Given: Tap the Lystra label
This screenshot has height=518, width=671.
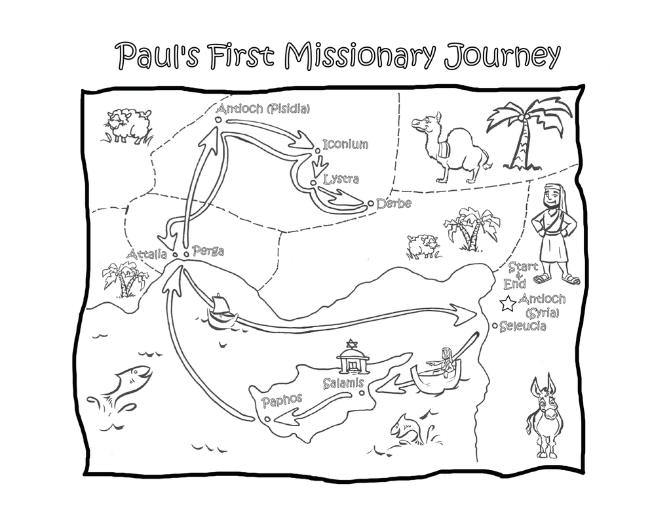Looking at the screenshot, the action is [x=341, y=178].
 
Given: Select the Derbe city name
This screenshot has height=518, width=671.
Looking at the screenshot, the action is [x=394, y=203].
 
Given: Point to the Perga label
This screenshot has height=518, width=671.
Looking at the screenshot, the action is [x=208, y=250].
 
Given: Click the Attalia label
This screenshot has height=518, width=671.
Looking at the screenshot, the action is [x=147, y=254].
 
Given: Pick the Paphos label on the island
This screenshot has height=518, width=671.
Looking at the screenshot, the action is [x=282, y=400].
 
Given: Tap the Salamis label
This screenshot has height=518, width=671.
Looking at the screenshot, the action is [x=343, y=383].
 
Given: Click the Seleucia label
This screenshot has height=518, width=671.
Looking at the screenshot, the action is [x=523, y=327].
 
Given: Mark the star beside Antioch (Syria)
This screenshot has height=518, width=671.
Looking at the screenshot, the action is [x=508, y=304].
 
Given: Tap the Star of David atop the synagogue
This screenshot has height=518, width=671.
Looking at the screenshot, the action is [x=352, y=344].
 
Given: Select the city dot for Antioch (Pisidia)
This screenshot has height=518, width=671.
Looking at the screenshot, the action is [x=218, y=120].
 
